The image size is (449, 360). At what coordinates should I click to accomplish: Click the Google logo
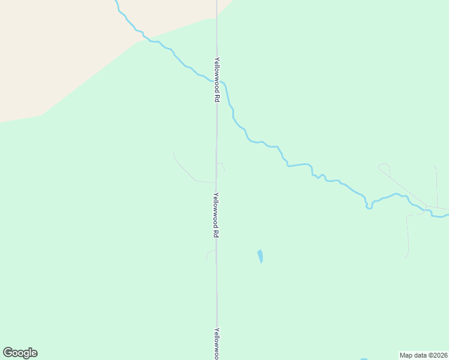[20, 353]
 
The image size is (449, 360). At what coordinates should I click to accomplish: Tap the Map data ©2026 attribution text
[423, 355]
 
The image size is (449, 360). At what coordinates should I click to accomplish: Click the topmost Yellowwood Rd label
[217, 79]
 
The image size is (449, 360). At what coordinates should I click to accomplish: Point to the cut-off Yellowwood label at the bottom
[217, 343]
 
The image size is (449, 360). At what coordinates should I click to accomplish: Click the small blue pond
[260, 256]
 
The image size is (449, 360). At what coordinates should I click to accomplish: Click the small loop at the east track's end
[384, 167]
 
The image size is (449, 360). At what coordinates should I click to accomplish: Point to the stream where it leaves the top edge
[115, 2]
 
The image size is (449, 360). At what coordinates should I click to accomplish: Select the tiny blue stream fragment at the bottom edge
[364, 358]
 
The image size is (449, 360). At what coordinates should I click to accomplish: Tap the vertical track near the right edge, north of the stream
[436, 186]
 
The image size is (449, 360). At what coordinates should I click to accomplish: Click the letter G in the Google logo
[8, 352]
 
